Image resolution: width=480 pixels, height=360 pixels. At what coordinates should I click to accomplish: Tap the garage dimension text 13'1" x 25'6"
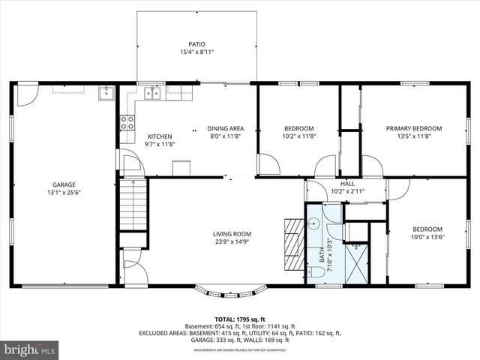[x=64, y=193]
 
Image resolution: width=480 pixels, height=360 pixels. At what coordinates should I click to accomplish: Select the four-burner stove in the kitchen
[x=127, y=122]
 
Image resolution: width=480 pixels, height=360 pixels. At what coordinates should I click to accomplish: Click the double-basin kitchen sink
[x=154, y=93]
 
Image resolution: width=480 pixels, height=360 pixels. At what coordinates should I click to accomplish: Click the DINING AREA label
[x=225, y=128]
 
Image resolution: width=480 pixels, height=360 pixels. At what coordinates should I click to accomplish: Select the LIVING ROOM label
[x=232, y=234]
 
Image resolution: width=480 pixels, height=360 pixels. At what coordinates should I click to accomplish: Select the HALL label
[x=347, y=183]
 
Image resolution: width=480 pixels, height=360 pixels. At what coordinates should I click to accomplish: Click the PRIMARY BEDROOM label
[x=414, y=128]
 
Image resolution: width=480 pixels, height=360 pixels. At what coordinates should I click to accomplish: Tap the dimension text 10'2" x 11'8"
[x=298, y=136]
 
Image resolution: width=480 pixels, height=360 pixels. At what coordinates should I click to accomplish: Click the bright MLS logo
[x=30, y=349]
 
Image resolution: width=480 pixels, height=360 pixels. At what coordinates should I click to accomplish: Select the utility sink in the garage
[x=106, y=94]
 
